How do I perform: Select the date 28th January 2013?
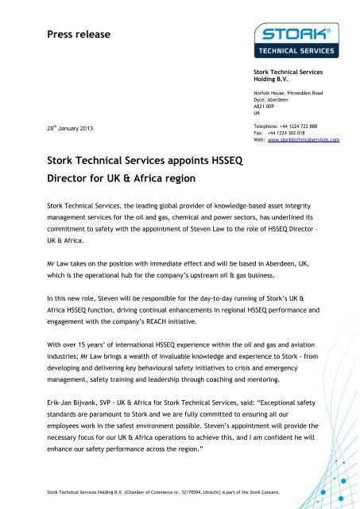tap(55, 128)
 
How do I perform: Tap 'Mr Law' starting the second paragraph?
tap(48, 271)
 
